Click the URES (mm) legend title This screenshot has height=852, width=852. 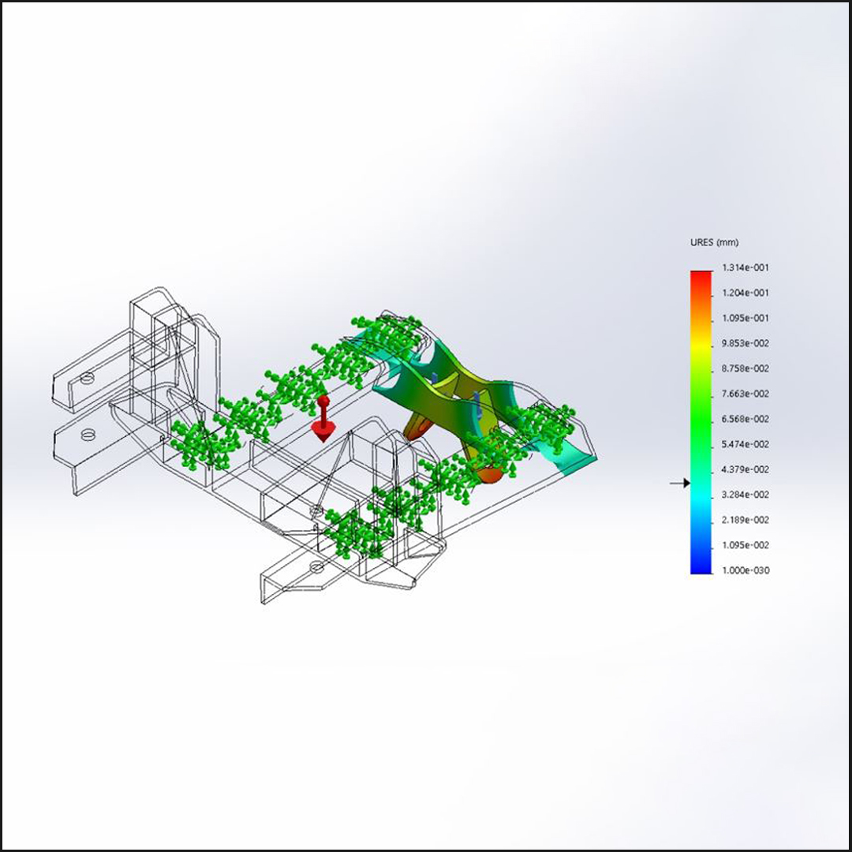[x=714, y=242]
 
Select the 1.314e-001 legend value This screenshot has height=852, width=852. [x=745, y=267]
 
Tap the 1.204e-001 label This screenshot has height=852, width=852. [x=745, y=293]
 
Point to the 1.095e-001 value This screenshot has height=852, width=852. [x=745, y=318]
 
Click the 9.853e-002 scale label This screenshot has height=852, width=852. [x=745, y=343]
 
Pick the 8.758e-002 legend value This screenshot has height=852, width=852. [x=745, y=368]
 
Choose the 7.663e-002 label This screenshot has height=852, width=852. [x=745, y=394]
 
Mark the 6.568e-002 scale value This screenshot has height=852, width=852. [x=745, y=419]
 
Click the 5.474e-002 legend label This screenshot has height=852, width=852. [x=745, y=444]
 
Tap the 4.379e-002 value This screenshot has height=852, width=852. [x=745, y=469]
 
